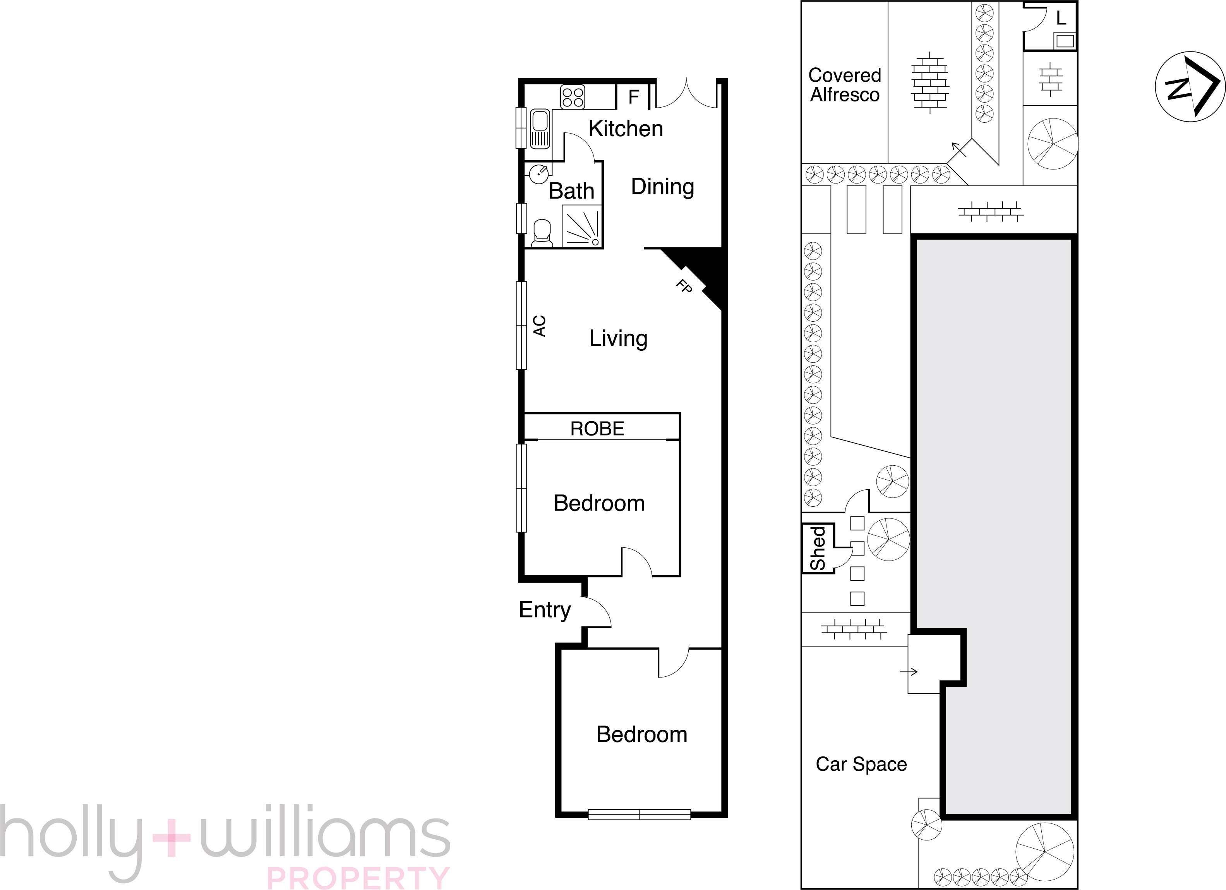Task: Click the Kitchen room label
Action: point(626,129)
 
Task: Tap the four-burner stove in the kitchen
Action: point(573,97)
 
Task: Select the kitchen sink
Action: point(540,129)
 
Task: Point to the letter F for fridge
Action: point(634,97)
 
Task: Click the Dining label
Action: point(662,187)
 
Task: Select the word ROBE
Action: point(597,429)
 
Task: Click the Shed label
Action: point(818,548)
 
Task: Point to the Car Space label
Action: point(861,764)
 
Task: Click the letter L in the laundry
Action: point(1061,18)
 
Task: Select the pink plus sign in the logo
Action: point(171,838)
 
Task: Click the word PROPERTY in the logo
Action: point(358,878)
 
